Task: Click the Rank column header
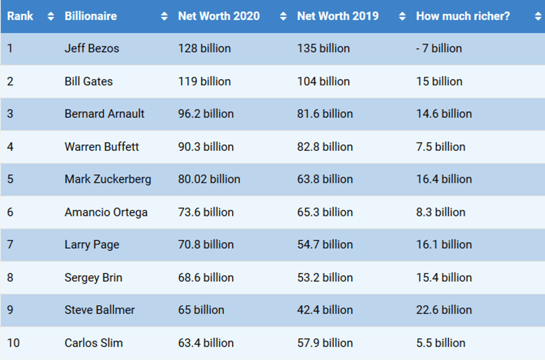point(20,16)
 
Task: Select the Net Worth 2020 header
point(219,16)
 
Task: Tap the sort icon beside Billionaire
point(164,17)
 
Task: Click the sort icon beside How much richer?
point(538,17)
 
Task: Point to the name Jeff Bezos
point(92,48)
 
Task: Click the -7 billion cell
point(439,48)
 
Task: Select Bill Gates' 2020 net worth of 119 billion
point(204,81)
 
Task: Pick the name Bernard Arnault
point(104,114)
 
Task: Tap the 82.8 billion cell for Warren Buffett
point(325,147)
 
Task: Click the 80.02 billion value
point(209,179)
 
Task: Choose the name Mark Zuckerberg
point(108,179)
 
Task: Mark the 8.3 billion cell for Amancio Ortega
point(441,212)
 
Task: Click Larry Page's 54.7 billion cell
point(325,245)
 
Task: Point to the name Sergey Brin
point(93,278)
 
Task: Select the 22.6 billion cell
point(444,310)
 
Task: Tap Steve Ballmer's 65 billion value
point(201,310)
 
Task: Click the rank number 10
point(13,343)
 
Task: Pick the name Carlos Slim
point(94,343)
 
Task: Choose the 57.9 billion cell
point(325,343)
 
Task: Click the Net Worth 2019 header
point(338,16)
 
